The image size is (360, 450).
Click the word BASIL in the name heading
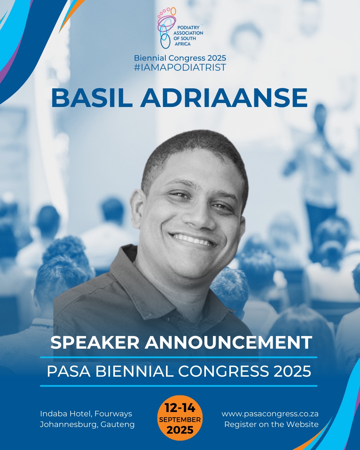coord(92,98)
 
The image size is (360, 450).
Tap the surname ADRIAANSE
coord(224,98)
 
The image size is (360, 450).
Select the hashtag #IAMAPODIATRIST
coord(180,67)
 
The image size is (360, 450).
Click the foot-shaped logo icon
coord(167,28)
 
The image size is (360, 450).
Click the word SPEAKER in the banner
coord(95,343)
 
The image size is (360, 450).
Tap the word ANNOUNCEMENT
coord(228,343)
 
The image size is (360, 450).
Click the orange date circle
coord(180,418)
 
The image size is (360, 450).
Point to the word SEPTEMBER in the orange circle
coord(180,419)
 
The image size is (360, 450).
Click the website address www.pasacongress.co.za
coord(270,414)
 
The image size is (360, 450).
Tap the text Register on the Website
coord(272,424)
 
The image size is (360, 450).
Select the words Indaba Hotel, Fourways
coord(86,414)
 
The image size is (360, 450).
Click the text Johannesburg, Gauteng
coord(87,425)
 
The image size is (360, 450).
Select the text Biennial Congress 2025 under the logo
coord(180,58)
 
